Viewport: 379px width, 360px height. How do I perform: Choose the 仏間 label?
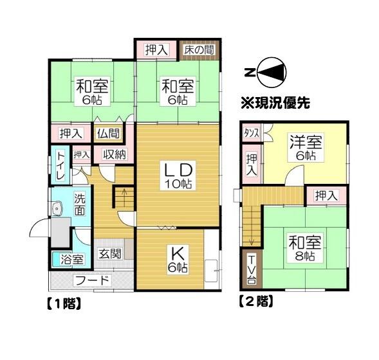click(107, 134)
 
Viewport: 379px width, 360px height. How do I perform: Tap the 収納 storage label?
click(114, 154)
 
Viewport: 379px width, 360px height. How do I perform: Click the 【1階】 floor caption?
click(62, 303)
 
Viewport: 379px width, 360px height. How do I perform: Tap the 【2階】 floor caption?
click(256, 301)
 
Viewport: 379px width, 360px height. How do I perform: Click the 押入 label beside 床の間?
click(156, 50)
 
